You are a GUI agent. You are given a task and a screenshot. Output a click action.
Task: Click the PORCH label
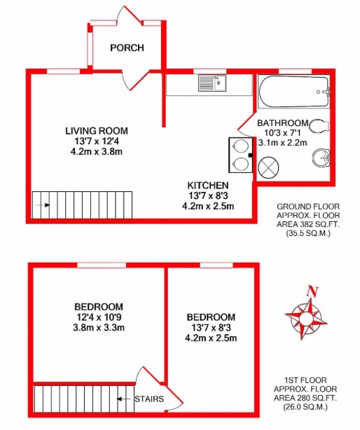pyautogui.click(x=127, y=48)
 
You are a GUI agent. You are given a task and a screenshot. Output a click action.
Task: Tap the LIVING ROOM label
pyautogui.click(x=97, y=131)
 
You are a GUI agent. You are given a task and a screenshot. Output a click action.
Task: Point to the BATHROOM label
pyautogui.click(x=282, y=121)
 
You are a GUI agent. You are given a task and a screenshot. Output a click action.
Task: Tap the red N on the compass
pyautogui.click(x=313, y=292)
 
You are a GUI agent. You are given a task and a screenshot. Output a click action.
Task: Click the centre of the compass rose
pyautogui.click(x=306, y=317)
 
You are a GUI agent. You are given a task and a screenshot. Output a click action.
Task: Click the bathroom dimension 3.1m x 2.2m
pyautogui.click(x=282, y=142)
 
